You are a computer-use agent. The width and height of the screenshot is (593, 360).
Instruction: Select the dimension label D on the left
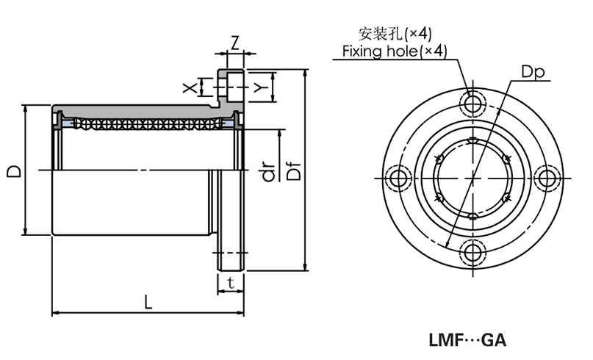pos(12,170)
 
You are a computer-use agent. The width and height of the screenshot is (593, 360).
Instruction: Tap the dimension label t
pos(231,282)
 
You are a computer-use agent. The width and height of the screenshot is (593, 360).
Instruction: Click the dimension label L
pos(148,301)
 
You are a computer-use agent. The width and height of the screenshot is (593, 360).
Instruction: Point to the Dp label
pos(533,72)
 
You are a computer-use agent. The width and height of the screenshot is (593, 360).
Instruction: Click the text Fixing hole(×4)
pos(395,51)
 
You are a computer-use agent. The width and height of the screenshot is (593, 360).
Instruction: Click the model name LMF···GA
pos(467,340)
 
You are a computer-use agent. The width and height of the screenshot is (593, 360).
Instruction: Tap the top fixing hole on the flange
pos(472,101)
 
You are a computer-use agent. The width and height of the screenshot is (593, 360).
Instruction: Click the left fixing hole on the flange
pos(399,178)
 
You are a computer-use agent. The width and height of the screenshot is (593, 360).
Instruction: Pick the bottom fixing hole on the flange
pos(472,252)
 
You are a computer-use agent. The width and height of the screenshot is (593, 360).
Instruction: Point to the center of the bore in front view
pos(472,177)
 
